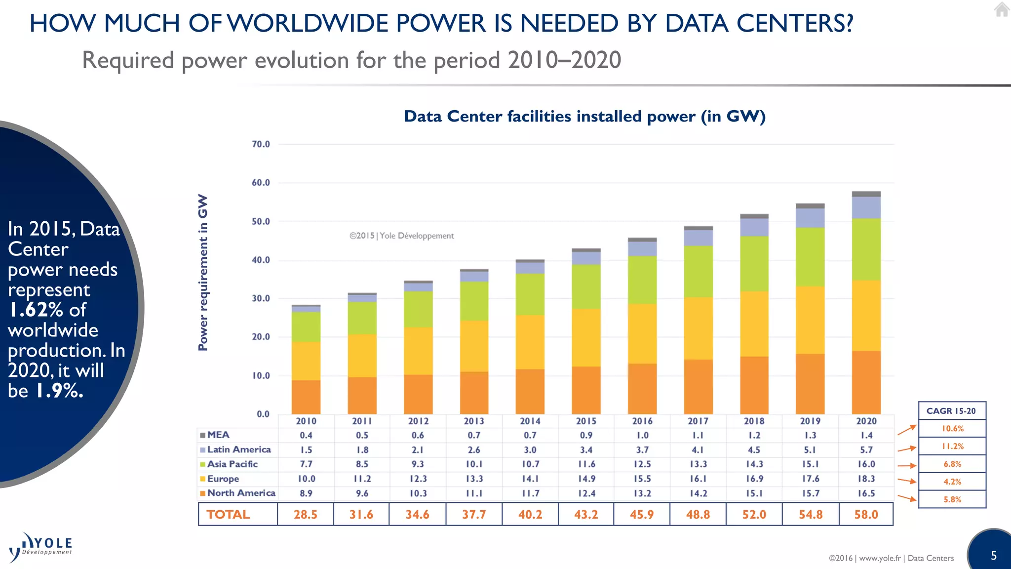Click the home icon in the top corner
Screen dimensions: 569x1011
pos(1002,10)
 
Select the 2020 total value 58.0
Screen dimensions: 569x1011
pos(866,514)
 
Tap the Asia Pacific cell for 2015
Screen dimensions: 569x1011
pos(586,464)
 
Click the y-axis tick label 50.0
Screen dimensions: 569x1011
pos(261,221)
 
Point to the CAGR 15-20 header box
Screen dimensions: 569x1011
pos(951,411)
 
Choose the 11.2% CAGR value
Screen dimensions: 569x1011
pos(952,447)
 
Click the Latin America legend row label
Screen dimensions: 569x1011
pos(238,449)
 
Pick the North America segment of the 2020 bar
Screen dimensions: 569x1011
pos(866,382)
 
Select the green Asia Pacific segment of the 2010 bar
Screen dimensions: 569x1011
pos(306,327)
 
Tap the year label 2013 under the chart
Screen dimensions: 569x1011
pos(474,421)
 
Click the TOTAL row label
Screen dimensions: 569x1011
pos(228,514)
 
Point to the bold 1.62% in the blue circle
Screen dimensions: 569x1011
pos(36,310)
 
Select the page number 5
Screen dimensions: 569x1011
pos(994,556)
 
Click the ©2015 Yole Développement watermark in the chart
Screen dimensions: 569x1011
pos(401,236)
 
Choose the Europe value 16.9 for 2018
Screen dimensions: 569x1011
pos(754,479)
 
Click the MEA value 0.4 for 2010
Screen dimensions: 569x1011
pos(306,435)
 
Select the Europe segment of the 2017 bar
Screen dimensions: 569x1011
pos(698,328)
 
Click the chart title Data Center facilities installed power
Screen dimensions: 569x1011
pos(584,117)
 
